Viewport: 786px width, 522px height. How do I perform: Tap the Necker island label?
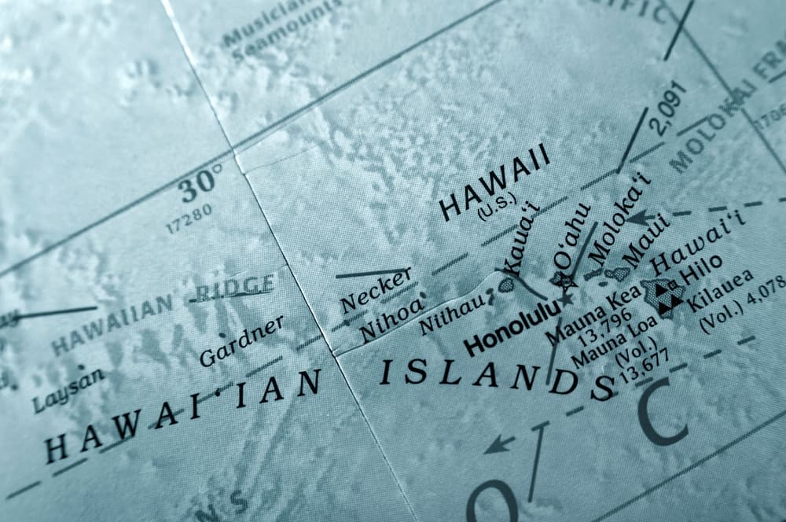(376, 291)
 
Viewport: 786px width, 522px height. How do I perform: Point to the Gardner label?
(241, 341)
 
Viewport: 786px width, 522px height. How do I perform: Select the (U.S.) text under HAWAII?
(496, 211)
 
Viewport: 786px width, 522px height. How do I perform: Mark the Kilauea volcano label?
(721, 289)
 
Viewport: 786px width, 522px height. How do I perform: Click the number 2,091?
(669, 108)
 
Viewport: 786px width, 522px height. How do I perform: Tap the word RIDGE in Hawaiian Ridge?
(234, 290)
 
